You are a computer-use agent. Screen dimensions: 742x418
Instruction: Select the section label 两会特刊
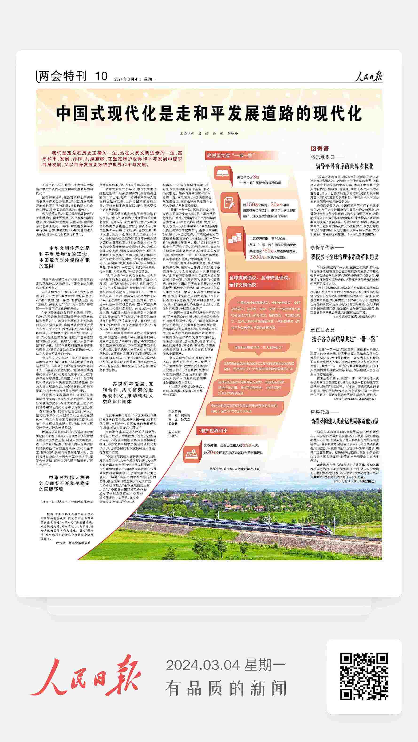coord(63,77)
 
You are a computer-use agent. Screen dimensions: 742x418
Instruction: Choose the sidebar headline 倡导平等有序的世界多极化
coord(344,166)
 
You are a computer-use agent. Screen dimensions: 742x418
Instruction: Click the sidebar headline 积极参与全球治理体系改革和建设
coord(344,257)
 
